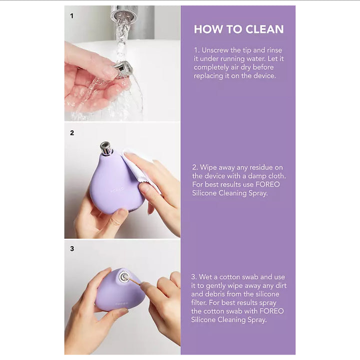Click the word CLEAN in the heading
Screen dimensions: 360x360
tap(264, 29)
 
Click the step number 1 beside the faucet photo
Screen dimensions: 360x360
tap(72, 16)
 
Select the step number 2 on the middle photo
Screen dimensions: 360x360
tap(72, 133)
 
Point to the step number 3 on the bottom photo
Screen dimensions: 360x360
tap(72, 249)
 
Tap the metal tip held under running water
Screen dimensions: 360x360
tap(123, 67)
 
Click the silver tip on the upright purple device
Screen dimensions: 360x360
tap(105, 148)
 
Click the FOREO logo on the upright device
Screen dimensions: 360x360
tap(117, 190)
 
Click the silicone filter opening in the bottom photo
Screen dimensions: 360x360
tap(124, 276)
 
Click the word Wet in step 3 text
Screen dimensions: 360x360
tap(205, 277)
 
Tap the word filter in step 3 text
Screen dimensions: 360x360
tap(199, 303)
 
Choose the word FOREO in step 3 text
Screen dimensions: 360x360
tap(271, 311)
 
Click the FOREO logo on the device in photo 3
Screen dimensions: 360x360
tap(121, 304)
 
